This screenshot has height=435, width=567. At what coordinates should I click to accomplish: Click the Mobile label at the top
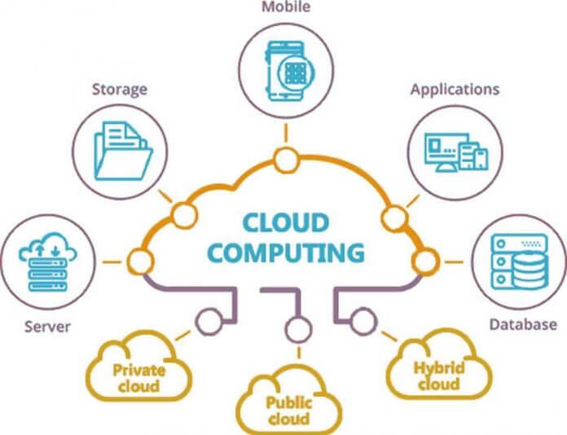(286, 7)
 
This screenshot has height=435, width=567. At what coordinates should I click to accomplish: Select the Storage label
(120, 90)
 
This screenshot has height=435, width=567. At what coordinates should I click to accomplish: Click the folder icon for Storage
(123, 151)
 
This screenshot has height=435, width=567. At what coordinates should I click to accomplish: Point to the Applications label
(455, 90)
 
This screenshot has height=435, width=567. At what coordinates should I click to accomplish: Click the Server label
(47, 327)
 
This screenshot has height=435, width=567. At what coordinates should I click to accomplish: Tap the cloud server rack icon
(48, 261)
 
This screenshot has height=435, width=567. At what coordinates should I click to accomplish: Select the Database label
(523, 324)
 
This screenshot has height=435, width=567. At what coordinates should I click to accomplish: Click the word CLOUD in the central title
(286, 222)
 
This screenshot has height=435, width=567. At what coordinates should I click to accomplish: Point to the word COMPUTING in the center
(286, 252)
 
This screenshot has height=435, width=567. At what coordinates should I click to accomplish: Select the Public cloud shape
(289, 400)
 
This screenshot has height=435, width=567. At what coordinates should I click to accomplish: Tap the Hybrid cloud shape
(439, 364)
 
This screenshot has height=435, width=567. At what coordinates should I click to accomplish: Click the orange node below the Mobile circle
(287, 160)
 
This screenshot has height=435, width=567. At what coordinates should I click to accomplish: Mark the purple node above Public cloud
(298, 329)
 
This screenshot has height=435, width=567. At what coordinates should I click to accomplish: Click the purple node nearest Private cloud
(209, 322)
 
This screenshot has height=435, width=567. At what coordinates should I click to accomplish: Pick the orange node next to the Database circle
(426, 261)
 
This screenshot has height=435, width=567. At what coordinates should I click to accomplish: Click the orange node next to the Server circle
(140, 261)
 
